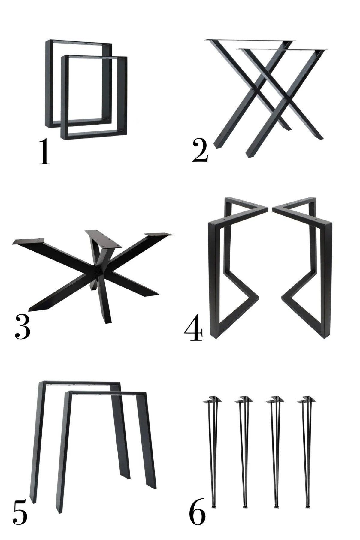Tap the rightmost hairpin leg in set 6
307,449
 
